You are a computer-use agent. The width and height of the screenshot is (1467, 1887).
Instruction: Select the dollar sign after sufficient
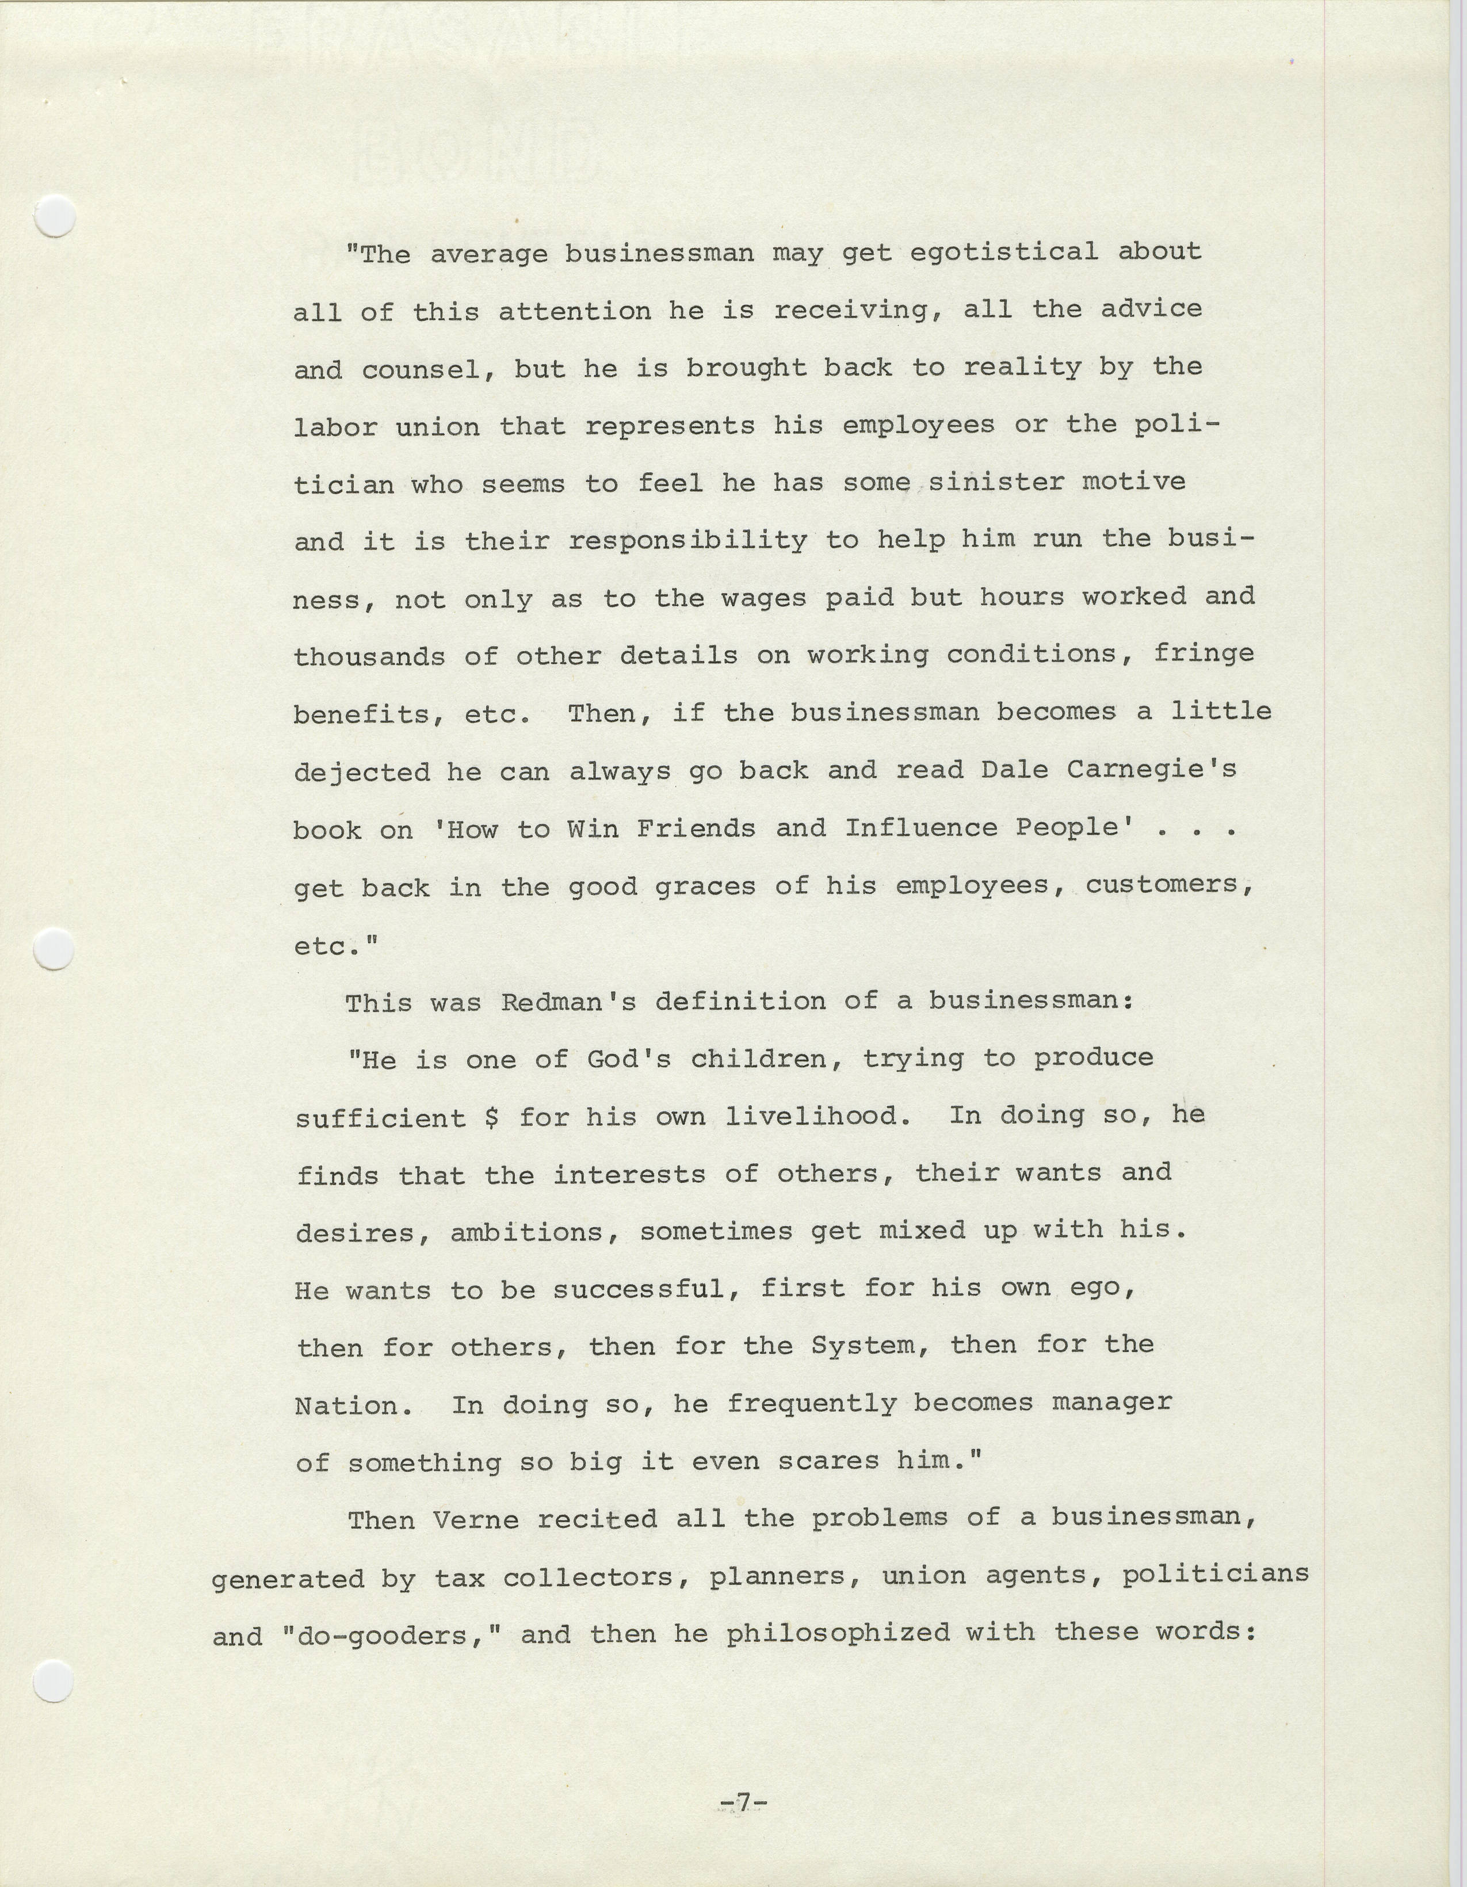(492, 1117)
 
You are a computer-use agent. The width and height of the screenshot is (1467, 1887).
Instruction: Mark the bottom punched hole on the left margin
(53, 1682)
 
